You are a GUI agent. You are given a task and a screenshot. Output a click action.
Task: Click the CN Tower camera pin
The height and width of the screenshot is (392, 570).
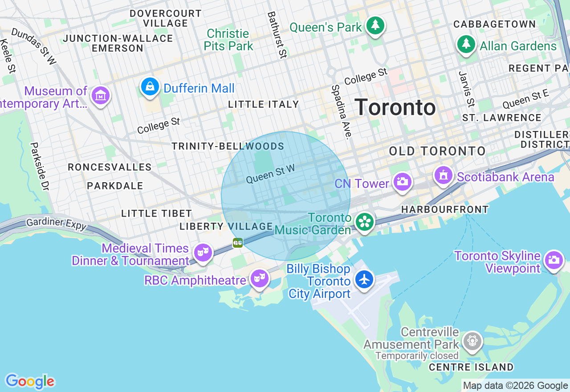coord(402,182)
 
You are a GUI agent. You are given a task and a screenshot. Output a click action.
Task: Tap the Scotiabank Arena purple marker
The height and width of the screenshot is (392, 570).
coord(444,176)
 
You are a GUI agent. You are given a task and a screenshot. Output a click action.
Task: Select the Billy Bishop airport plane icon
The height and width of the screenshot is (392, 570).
coord(365,280)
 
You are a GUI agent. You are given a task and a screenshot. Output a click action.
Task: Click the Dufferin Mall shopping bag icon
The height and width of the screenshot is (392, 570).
coord(150,86)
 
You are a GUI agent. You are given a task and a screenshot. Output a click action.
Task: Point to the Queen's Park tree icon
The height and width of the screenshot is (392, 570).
coord(375,26)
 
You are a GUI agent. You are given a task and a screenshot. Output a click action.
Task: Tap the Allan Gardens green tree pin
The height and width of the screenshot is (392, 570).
coord(466,45)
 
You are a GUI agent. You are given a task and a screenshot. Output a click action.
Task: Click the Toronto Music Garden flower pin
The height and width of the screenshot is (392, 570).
coord(365,222)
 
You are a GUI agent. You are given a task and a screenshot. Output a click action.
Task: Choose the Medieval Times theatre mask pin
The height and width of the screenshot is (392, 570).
coord(203,253)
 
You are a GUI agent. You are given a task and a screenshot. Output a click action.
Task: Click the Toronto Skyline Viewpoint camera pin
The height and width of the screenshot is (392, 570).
coord(554,260)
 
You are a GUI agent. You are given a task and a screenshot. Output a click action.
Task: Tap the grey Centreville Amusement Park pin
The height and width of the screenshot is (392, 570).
coord(472,341)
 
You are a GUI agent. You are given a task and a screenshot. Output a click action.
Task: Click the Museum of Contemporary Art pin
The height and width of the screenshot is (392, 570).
coord(101,95)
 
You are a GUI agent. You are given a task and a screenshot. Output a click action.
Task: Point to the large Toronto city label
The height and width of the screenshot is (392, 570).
coord(395,108)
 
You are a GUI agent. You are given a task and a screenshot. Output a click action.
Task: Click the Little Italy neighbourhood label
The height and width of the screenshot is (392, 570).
coord(264,104)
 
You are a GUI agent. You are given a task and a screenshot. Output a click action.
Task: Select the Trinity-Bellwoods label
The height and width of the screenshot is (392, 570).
coord(228,147)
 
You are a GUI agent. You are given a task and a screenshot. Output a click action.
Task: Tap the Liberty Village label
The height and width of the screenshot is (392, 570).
coord(226,226)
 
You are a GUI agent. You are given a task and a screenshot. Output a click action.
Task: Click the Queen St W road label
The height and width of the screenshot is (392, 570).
coord(270,174)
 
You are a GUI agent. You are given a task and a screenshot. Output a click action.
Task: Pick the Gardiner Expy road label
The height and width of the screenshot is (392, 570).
coord(56,224)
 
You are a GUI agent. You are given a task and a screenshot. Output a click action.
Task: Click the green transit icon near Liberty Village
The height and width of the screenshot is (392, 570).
coord(238,243)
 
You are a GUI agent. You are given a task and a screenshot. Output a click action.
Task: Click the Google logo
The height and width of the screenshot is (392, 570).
coord(30,381)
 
